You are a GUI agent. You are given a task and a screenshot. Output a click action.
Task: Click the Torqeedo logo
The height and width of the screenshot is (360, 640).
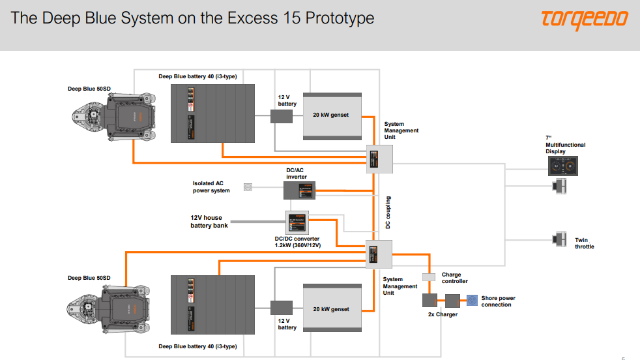tap(584, 20)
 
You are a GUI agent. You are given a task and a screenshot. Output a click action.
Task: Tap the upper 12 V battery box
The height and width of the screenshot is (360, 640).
tap(282, 116)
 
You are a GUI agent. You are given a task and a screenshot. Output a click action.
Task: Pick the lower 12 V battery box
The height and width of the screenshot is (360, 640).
tap(282, 307)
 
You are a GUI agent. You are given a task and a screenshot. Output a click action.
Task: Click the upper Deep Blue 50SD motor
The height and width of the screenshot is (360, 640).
tap(114, 117)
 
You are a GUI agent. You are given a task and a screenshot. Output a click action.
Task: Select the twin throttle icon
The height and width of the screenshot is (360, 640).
tap(559, 239)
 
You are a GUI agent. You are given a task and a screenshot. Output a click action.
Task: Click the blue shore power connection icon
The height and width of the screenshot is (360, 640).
tap(472, 301)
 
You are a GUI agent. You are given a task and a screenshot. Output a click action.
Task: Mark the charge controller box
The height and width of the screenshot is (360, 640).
tap(428, 277)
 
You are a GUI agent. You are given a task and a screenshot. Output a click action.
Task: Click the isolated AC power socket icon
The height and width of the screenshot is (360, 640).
tap(248, 187)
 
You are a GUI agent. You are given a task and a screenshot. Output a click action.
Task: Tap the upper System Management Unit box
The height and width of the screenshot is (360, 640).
tap(379, 158)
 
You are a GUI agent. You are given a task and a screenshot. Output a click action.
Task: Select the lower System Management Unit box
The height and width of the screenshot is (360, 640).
tap(379, 254)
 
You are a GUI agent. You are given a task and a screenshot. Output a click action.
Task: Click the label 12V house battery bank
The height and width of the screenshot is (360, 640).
tap(209, 222)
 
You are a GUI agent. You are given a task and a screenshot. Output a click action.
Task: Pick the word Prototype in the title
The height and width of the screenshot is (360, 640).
tap(335, 18)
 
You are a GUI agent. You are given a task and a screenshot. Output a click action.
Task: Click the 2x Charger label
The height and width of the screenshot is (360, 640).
tap(443, 314)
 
